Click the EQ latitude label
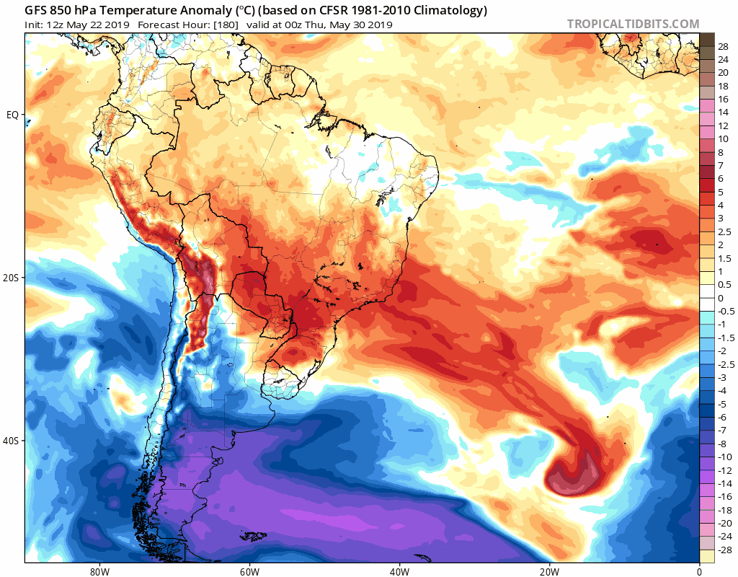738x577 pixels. pyautogui.click(x=12, y=115)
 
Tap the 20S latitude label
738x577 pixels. pyautogui.click(x=11, y=278)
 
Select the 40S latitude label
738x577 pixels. pyautogui.click(x=11, y=441)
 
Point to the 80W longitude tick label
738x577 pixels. pyautogui.click(x=99, y=572)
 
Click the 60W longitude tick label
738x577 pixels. pyautogui.click(x=249, y=572)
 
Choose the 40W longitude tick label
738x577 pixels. pyautogui.click(x=399, y=572)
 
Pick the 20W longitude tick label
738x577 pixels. pyautogui.click(x=549, y=572)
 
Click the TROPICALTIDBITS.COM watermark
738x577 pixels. pyautogui.click(x=633, y=24)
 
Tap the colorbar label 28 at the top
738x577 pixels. pyautogui.click(x=723, y=46)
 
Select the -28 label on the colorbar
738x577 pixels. pyautogui.click(x=724, y=550)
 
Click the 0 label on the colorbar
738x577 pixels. pyautogui.click(x=721, y=298)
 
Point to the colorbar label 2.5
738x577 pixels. pyautogui.click(x=724, y=232)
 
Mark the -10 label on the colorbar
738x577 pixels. pyautogui.click(x=724, y=457)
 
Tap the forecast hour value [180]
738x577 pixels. pyautogui.click(x=226, y=25)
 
